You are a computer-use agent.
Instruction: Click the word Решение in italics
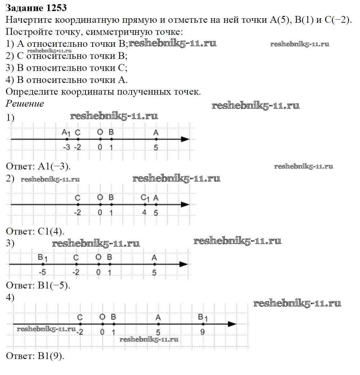(25, 103)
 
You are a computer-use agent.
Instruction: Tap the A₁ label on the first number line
(66, 133)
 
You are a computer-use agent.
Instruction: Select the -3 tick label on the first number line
(66, 147)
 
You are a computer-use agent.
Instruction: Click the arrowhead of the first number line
(185, 139)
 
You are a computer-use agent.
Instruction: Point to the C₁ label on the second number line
(145, 198)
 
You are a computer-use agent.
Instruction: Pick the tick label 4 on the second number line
(145, 212)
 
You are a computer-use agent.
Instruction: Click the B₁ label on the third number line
(43, 258)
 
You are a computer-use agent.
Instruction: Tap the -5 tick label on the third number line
(42, 272)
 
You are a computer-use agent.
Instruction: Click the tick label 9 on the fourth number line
(202, 332)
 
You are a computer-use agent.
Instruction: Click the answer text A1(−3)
(54, 166)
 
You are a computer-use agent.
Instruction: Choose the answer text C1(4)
(51, 231)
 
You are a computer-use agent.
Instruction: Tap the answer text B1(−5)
(54, 285)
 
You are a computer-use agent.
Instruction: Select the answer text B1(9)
(51, 355)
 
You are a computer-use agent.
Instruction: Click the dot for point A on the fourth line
(158, 324)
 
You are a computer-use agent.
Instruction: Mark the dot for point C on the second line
(78, 205)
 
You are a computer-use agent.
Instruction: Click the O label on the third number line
(98, 257)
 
